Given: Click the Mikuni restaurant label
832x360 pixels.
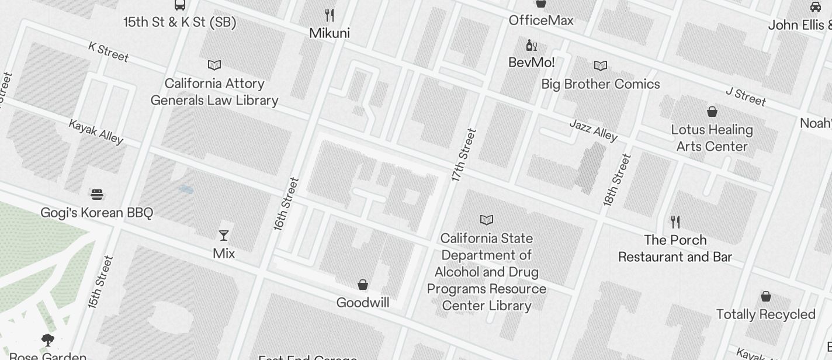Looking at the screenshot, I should click(x=330, y=33).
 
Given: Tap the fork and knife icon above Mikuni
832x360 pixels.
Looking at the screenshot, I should click(x=330, y=15).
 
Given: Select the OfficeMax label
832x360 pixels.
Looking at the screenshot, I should click(x=541, y=20).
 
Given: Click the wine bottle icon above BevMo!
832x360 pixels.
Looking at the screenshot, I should click(x=531, y=46).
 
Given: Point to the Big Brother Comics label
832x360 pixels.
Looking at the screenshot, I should click(x=601, y=84).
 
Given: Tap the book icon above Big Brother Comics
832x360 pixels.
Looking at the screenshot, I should click(x=601, y=66).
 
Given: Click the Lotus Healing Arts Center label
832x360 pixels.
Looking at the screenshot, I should click(x=712, y=138).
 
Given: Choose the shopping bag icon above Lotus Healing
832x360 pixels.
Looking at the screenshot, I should click(x=712, y=111).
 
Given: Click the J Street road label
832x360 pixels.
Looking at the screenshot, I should click(x=746, y=97).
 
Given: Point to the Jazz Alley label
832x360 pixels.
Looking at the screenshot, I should click(x=593, y=131).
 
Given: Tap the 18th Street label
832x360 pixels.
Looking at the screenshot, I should click(x=618, y=180).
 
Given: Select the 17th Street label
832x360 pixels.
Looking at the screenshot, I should click(x=464, y=155).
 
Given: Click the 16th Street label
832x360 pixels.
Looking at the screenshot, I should click(x=286, y=204).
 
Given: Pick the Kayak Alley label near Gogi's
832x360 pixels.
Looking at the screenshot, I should click(x=96, y=131).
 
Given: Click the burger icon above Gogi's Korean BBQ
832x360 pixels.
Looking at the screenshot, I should click(x=97, y=195).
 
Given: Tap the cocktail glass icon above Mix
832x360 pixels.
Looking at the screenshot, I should click(x=223, y=236).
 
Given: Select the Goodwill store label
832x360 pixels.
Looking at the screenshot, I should click(x=363, y=303).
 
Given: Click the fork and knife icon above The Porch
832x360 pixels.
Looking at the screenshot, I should click(x=675, y=222).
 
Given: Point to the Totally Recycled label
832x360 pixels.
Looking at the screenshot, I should click(x=765, y=314).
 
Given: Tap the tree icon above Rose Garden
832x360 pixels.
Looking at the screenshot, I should click(x=48, y=340).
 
